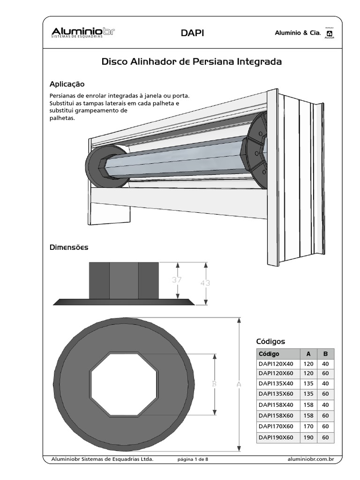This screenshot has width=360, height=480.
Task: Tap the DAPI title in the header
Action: pyautogui.click(x=192, y=33)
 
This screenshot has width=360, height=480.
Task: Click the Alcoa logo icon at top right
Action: pyautogui.click(x=330, y=34)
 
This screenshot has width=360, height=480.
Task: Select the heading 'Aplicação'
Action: pyautogui.click(x=67, y=84)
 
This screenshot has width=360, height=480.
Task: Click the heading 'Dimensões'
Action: pyautogui.click(x=69, y=247)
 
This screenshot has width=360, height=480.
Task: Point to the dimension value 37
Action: pyautogui.click(x=176, y=280)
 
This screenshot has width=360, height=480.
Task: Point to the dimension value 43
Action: pyautogui.click(x=205, y=283)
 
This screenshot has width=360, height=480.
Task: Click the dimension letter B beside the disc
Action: pyautogui.click(x=214, y=384)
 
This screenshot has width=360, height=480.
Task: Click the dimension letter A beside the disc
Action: pyautogui.click(x=239, y=384)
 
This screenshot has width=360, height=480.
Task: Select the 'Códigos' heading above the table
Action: pyautogui.click(x=270, y=341)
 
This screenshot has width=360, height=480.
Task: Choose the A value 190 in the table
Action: pyautogui.click(x=308, y=437)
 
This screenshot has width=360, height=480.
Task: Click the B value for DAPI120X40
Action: pyautogui.click(x=325, y=364)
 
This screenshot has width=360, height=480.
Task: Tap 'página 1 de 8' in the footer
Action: pyautogui.click(x=196, y=459)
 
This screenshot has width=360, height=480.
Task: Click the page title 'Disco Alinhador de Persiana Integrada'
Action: pyautogui.click(x=192, y=62)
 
